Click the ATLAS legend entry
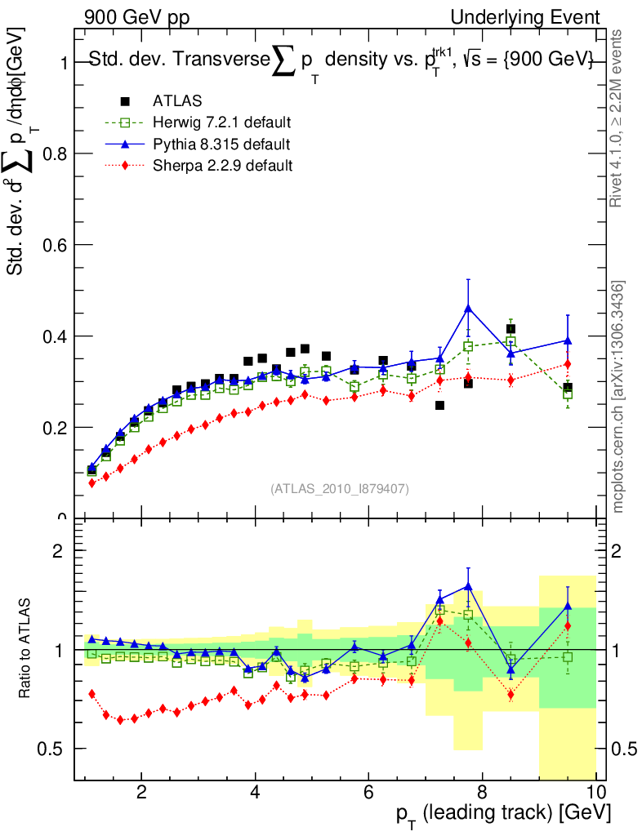pyautogui.click(x=177, y=101)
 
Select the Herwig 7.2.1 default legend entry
pyautogui.click(x=222, y=122)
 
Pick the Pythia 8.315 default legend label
pyautogui.click(x=221, y=144)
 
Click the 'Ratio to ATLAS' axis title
pyautogui.click(x=27, y=649)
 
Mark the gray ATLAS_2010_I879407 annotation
pyautogui.click(x=340, y=489)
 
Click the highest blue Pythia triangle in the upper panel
pyautogui.click(x=468, y=309)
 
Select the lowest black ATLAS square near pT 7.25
pyautogui.click(x=440, y=405)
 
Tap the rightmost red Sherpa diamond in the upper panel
pyautogui.click(x=567, y=364)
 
